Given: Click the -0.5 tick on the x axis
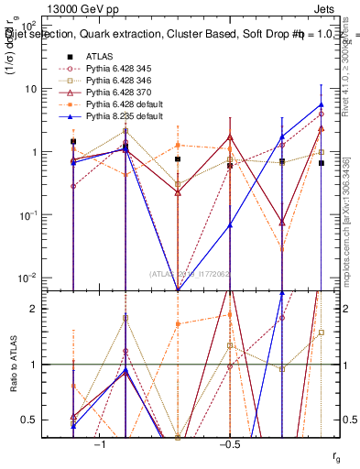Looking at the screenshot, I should click(229, 442).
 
